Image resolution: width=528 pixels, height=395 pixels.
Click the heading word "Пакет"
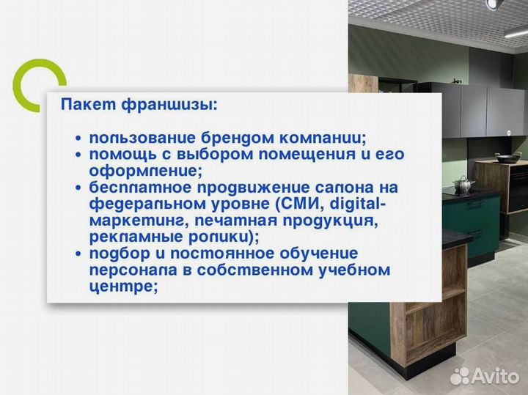pos(81,105)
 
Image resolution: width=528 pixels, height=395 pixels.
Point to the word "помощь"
pos(117,155)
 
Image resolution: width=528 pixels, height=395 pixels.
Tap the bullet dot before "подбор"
pos(78,254)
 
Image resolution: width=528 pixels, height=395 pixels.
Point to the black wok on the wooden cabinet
pos(507,157)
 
